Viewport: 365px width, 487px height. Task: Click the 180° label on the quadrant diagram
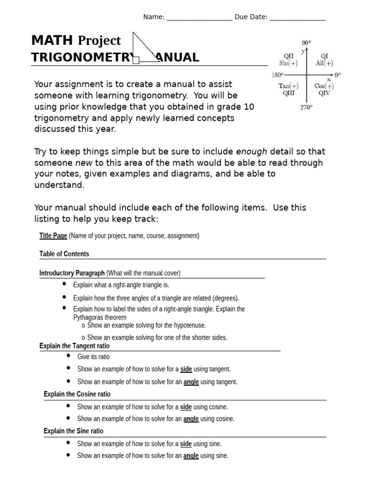click(277, 75)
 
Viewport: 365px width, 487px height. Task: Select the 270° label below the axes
click(306, 107)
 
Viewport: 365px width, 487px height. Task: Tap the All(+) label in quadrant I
click(324, 63)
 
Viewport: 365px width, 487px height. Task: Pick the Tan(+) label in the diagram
click(289, 86)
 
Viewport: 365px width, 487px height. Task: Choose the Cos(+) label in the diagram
click(324, 86)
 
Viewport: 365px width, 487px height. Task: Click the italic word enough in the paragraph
click(251, 152)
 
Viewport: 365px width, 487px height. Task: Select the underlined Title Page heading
click(53, 236)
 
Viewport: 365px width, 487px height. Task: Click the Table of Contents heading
click(64, 254)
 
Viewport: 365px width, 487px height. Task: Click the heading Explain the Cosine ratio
click(77, 394)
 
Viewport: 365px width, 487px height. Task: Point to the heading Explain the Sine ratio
click(73, 431)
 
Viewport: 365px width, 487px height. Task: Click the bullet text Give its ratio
click(94, 357)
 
